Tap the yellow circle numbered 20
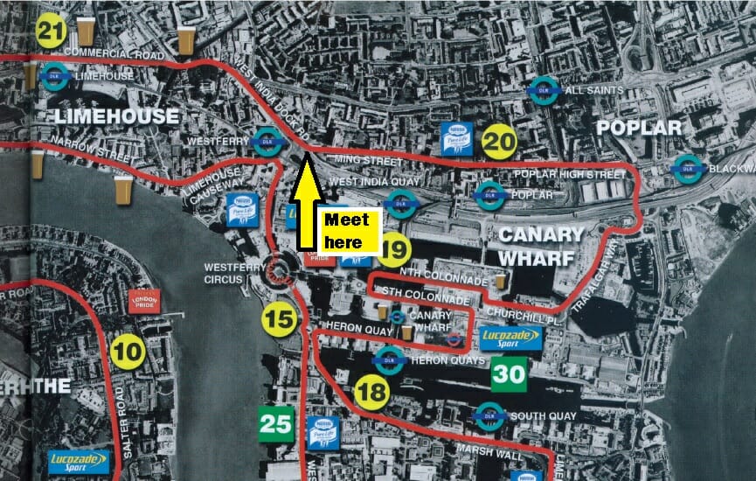click(500, 142)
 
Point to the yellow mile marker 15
click(280, 319)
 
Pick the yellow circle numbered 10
click(128, 352)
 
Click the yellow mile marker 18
click(371, 394)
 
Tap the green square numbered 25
click(275, 424)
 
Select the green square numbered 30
click(508, 374)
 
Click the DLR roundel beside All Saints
click(544, 90)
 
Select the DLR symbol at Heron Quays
click(389, 358)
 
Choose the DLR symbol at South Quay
click(489, 415)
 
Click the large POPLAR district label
click(638, 129)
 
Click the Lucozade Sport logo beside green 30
click(510, 338)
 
